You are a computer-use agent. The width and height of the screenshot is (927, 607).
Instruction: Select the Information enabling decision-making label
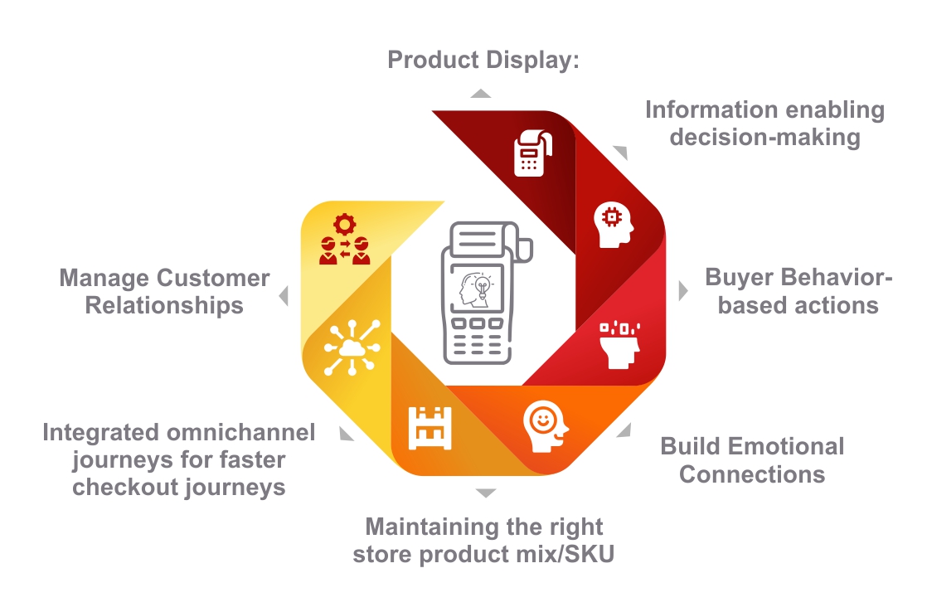764,123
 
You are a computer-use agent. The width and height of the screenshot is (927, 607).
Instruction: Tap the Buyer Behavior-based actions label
798,291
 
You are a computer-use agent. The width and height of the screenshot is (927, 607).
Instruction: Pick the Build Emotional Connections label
752,460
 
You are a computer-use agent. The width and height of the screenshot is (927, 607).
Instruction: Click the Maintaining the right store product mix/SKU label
484,540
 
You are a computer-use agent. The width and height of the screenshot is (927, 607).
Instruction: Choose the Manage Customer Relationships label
164,291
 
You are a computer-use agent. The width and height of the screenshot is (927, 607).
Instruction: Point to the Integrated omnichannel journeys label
179,459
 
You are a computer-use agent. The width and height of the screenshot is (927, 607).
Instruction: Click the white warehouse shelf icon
429,428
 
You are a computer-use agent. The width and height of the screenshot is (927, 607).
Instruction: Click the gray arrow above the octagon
480,93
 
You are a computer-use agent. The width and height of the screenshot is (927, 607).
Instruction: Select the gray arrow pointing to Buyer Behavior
682,291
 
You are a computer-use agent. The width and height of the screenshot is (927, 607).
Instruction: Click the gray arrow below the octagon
485,493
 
